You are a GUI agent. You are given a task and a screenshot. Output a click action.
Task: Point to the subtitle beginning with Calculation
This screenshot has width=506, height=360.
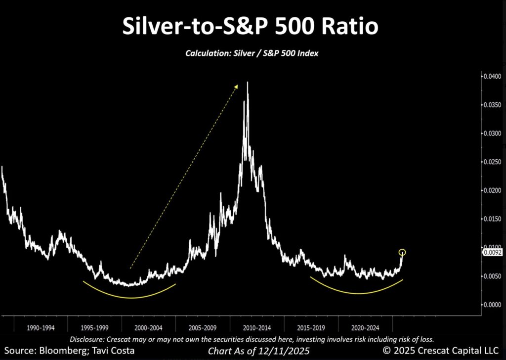coord(252,53)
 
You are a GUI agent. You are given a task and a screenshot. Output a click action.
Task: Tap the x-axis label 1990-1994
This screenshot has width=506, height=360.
coord(41,327)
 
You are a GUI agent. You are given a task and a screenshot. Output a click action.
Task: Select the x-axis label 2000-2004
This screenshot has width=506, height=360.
coord(148,327)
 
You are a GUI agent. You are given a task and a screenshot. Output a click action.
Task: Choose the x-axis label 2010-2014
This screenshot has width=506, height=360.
coord(257,327)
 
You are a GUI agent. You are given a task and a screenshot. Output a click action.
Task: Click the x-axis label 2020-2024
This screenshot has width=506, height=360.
coord(365,327)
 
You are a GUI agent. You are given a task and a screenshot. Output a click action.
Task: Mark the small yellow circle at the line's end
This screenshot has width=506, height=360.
coord(402,252)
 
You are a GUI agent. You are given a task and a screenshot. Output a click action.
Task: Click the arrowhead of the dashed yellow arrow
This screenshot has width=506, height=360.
coord(237,86)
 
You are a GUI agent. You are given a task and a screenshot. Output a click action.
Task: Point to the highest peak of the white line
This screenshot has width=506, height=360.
coord(247,83)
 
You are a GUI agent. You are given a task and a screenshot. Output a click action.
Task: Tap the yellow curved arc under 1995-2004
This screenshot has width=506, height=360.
coord(129,297)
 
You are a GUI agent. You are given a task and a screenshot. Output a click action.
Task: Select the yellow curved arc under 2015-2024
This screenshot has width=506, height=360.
coord(357,293)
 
